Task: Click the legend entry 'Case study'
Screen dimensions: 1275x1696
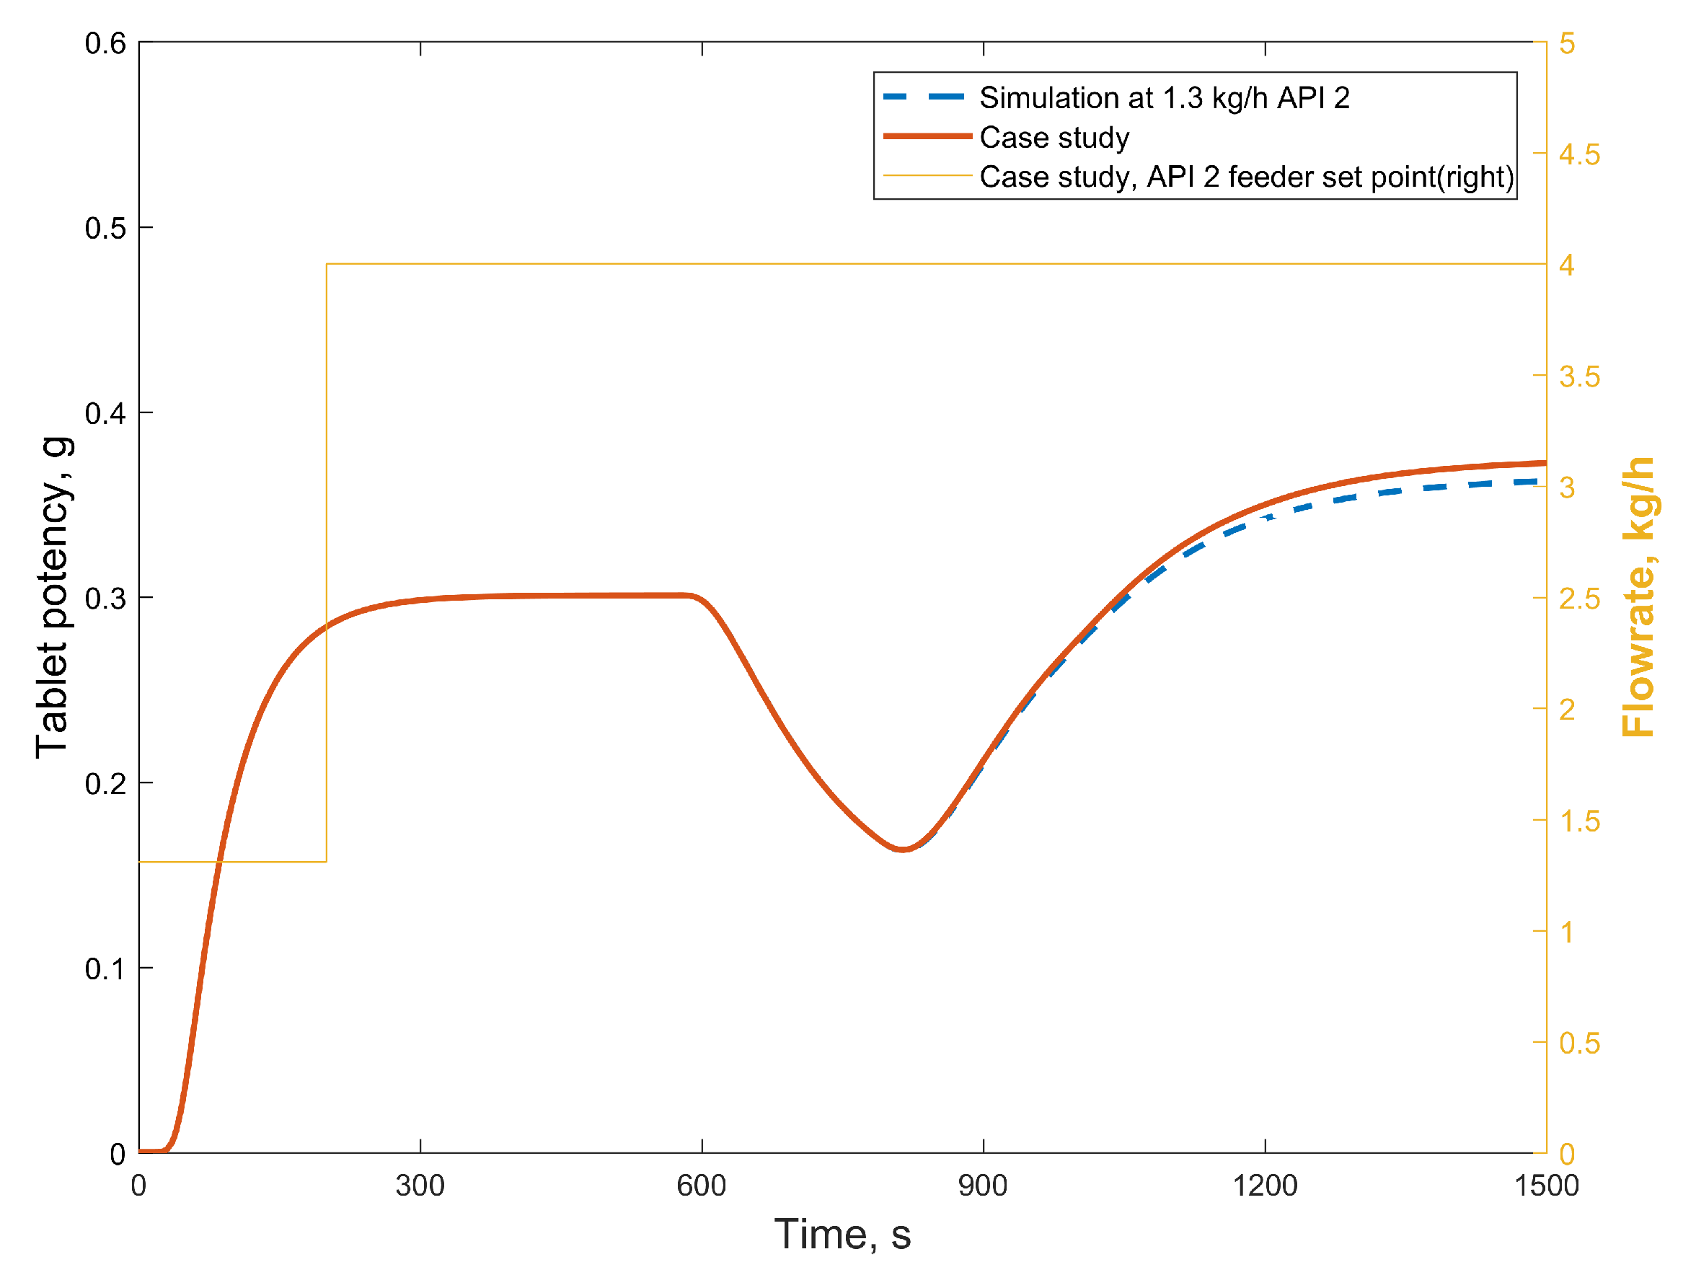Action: point(1054,138)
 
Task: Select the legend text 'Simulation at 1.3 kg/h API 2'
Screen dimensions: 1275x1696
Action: point(1164,98)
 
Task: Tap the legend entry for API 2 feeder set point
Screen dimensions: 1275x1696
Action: point(1247,177)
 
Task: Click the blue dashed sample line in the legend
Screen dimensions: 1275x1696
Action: point(924,97)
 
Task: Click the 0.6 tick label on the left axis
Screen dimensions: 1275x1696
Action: point(106,44)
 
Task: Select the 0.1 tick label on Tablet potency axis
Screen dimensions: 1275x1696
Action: point(106,969)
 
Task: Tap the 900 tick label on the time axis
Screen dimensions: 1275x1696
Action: point(983,1186)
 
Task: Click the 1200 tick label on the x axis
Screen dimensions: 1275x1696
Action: point(1265,1186)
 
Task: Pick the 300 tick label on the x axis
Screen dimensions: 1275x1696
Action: point(420,1186)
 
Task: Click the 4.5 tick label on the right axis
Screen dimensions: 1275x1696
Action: point(1579,155)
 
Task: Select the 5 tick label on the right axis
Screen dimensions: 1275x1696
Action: point(1567,44)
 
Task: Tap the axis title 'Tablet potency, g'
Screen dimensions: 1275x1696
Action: point(53,598)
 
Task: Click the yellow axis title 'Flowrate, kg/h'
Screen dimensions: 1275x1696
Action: point(1638,598)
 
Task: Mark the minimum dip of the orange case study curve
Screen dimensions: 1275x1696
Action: point(904,850)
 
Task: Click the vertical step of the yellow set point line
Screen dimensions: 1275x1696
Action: point(327,563)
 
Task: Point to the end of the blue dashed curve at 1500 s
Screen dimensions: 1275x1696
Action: point(1537,482)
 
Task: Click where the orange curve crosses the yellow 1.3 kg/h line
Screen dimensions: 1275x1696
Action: point(219,862)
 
